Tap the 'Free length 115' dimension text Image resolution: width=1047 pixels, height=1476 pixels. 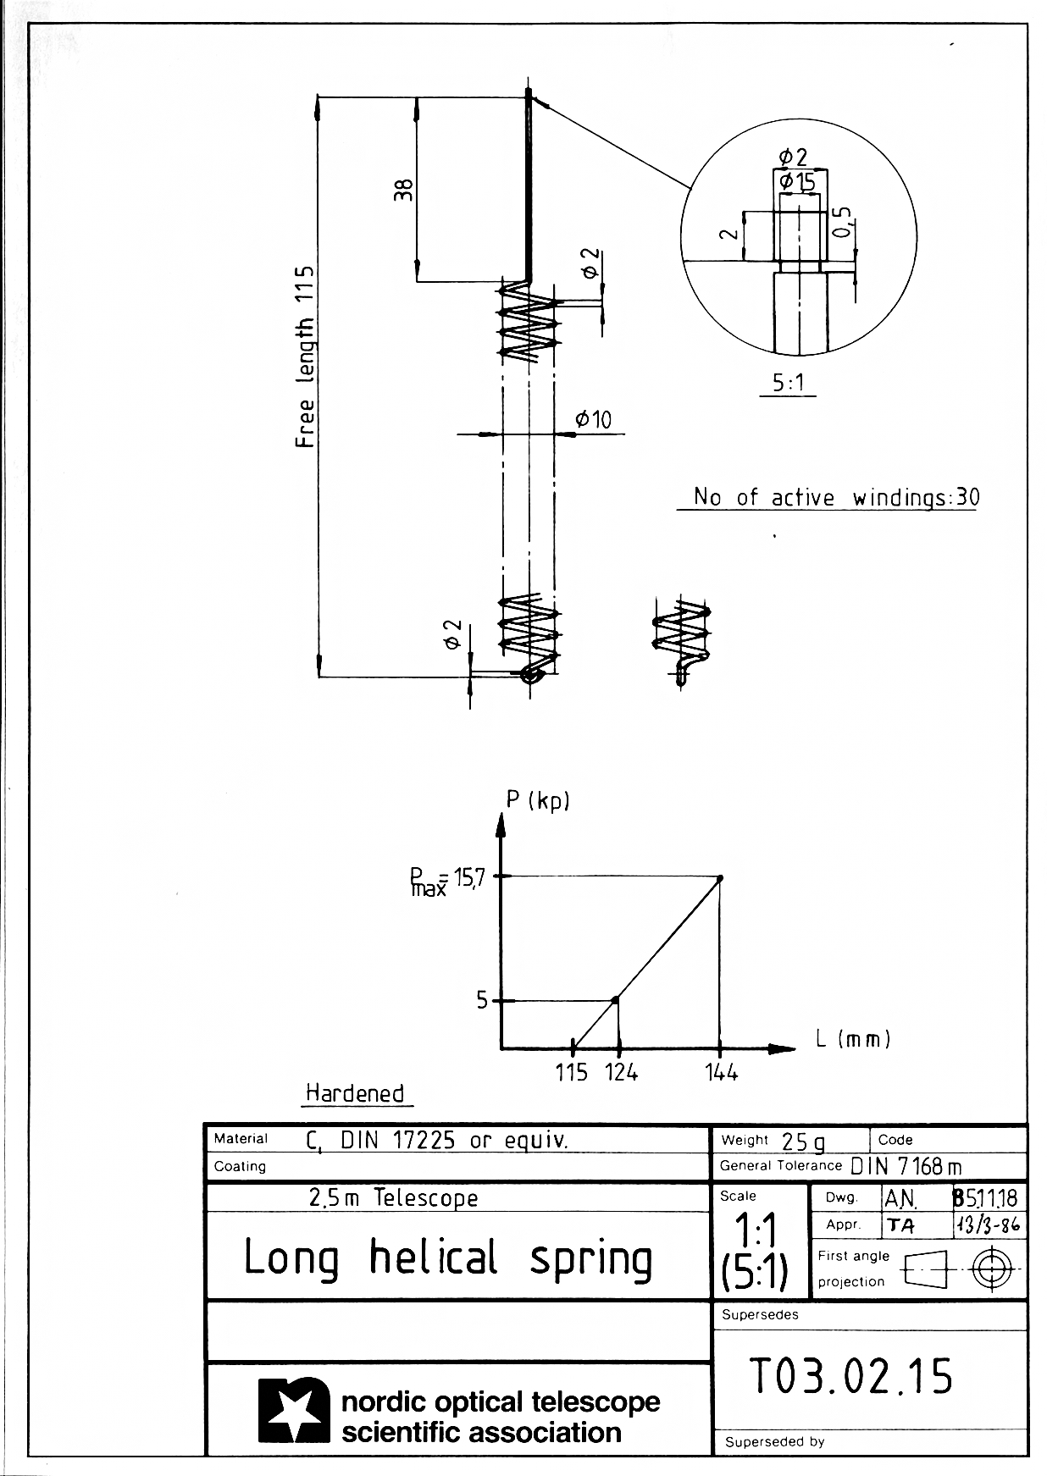pos(305,357)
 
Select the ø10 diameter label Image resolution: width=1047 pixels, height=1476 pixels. pos(593,419)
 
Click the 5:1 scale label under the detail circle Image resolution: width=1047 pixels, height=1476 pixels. pos(788,384)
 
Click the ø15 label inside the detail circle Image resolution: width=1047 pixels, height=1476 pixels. pos(797,181)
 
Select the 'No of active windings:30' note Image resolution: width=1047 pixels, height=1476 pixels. pos(835,497)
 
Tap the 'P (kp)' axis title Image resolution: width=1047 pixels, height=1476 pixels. pos(537,800)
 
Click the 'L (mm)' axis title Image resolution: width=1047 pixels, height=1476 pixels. pos(853,1038)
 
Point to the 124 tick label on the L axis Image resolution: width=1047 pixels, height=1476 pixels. pos(621,1072)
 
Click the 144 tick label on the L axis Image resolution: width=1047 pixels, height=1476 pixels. pos(721,1072)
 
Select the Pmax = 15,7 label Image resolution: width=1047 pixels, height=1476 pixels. pos(447,881)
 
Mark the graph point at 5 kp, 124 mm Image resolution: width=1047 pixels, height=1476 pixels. pos(616,1000)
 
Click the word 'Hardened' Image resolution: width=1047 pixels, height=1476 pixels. pos(355,1093)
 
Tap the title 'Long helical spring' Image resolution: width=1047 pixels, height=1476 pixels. pos(448,1258)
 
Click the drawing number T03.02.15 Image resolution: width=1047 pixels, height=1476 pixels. pos(851,1375)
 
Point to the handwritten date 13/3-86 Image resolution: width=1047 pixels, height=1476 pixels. pos(988,1224)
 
